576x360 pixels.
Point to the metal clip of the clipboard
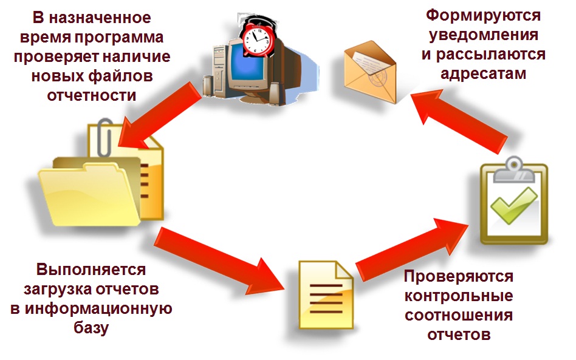(514, 169)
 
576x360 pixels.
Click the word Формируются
(482, 15)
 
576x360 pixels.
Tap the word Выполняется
(91, 269)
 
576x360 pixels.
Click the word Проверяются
(458, 277)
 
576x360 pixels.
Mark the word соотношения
(458, 316)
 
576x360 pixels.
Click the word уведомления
(483, 35)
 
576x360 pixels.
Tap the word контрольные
(458, 297)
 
